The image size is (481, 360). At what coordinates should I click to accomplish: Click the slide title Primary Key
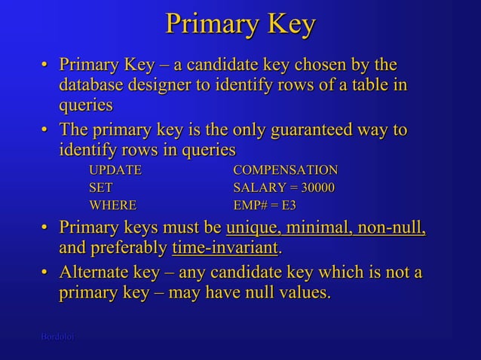point(240,25)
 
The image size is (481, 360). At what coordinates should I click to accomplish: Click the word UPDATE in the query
point(115,169)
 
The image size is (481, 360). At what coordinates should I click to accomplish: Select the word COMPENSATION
point(286,169)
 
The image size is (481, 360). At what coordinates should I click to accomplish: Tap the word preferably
point(127,248)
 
